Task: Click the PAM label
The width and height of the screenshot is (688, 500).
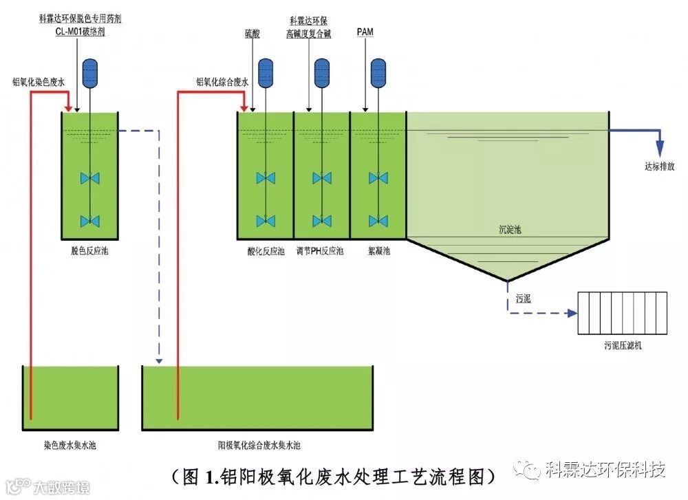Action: (x=365, y=33)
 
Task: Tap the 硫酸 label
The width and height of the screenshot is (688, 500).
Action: (x=252, y=33)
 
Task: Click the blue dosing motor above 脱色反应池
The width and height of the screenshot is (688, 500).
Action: (x=90, y=73)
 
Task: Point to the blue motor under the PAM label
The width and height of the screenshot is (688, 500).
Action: (x=378, y=73)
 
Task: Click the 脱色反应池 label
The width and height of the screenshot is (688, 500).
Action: (x=90, y=251)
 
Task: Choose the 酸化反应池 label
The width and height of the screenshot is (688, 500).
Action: (x=266, y=251)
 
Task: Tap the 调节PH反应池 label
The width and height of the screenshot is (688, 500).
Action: (x=320, y=251)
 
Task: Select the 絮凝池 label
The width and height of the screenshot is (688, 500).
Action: (x=378, y=251)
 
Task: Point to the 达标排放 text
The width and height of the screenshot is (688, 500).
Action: (x=660, y=166)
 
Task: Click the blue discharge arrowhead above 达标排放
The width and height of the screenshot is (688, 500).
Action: (x=660, y=149)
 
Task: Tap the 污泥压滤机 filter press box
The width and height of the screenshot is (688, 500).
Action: (x=622, y=313)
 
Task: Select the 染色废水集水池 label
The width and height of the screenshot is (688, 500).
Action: (x=69, y=445)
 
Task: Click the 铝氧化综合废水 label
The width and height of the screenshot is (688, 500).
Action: (x=223, y=83)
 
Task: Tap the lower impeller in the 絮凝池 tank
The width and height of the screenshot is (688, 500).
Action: (x=378, y=221)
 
